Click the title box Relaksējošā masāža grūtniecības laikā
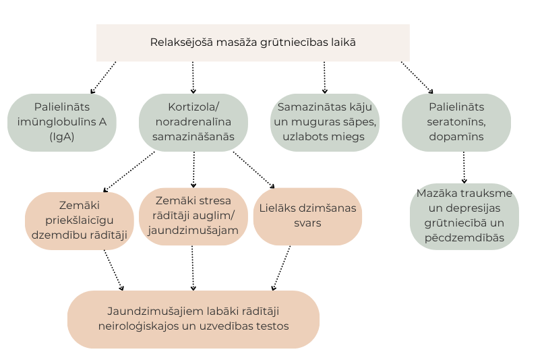[x=253, y=42]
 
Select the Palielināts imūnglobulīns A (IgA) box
[x=61, y=121]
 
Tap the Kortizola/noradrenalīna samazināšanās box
[x=193, y=121]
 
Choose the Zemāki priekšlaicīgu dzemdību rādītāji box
[x=79, y=220]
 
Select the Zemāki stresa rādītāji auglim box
[x=193, y=216]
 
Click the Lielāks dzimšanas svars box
[x=308, y=216]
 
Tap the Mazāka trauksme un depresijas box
[x=464, y=216]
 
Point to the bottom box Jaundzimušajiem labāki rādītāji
[x=193, y=319]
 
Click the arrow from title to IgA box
[x=103, y=77]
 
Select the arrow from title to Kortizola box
[x=193, y=77]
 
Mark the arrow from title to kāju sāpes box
[x=324, y=77]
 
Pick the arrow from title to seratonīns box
[x=418, y=77]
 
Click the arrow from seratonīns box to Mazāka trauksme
[x=464, y=167]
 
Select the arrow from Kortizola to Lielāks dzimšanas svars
[x=254, y=170]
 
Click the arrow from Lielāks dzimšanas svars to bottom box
[x=282, y=268]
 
